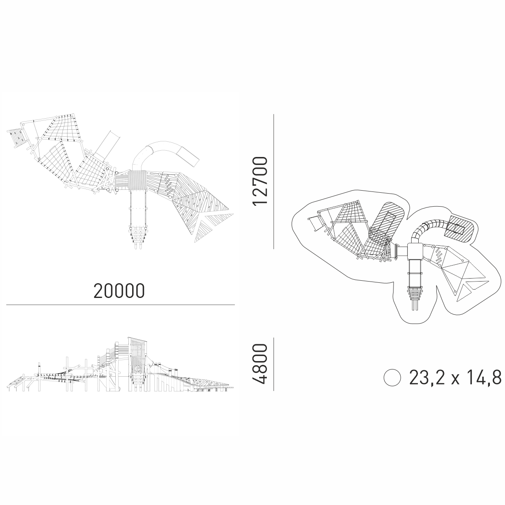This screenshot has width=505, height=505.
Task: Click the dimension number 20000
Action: (x=119, y=291)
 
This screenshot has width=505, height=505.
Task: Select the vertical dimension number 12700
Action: (x=260, y=181)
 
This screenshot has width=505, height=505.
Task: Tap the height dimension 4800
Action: (x=260, y=364)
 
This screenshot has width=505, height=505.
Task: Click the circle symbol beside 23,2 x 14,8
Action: (x=392, y=377)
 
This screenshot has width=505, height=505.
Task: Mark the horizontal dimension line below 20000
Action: (x=120, y=305)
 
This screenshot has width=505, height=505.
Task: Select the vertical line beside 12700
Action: (x=274, y=181)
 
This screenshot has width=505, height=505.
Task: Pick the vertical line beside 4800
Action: (x=274, y=364)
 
